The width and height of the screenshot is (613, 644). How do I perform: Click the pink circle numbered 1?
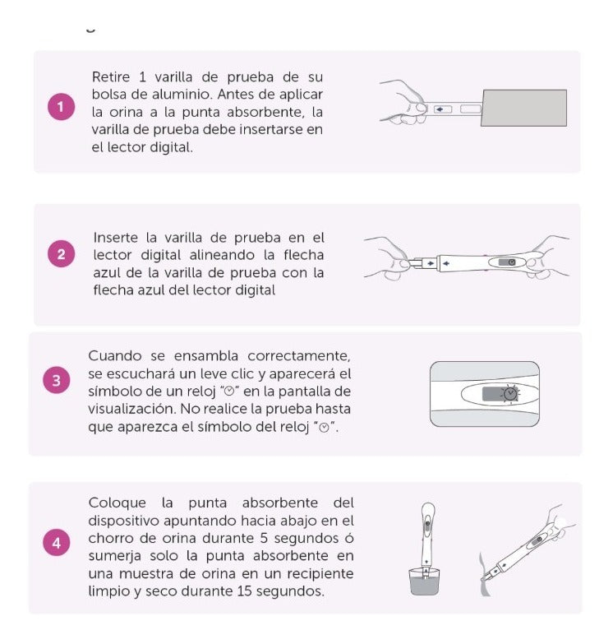tap(61, 108)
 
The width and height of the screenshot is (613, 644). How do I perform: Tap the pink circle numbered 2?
tap(61, 254)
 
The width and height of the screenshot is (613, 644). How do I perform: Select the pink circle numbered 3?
tap(56, 381)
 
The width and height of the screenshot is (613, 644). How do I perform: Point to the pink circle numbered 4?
tap(56, 543)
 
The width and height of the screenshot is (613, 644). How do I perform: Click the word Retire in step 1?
tap(111, 76)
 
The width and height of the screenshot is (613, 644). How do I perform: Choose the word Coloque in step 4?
tap(117, 502)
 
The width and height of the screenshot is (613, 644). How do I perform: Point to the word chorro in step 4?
tap(113, 538)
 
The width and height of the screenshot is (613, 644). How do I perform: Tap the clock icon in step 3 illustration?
tap(511, 396)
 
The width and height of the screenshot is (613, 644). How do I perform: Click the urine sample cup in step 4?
tap(426, 580)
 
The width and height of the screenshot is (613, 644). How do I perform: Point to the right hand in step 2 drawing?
tap(547, 254)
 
